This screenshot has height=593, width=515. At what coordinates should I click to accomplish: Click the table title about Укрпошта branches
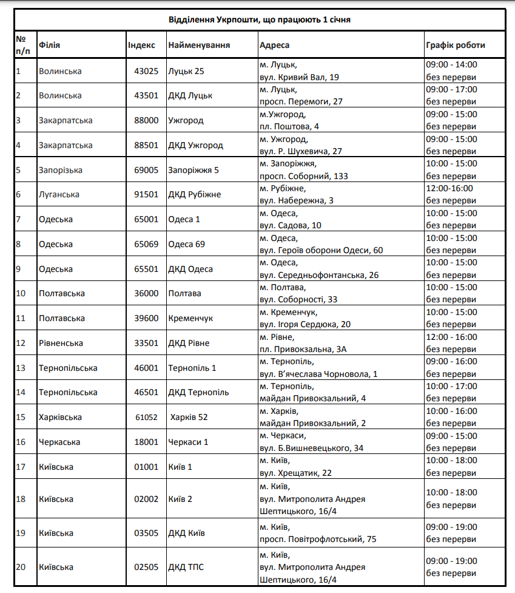click(260, 19)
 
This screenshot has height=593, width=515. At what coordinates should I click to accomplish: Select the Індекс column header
click(141, 46)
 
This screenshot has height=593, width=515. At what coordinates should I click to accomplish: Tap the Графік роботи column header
click(456, 46)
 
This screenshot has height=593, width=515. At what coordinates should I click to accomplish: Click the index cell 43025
click(146, 71)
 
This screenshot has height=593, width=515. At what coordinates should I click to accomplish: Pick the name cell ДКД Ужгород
click(195, 145)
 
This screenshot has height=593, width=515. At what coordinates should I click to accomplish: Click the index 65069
click(146, 244)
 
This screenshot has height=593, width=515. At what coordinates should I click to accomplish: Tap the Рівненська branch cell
click(61, 343)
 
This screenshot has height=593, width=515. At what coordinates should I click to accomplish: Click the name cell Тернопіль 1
click(192, 368)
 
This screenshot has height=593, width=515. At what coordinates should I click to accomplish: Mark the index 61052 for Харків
click(146, 417)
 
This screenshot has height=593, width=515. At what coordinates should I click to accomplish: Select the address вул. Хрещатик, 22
click(295, 473)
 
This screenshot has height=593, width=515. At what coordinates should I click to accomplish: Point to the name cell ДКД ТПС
click(186, 567)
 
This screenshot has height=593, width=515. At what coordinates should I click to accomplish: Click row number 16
click(21, 442)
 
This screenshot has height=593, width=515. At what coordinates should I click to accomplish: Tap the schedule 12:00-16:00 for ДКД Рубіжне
click(449, 188)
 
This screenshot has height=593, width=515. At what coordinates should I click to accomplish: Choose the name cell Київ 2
click(180, 499)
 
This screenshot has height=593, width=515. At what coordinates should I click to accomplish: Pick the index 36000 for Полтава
click(146, 293)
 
